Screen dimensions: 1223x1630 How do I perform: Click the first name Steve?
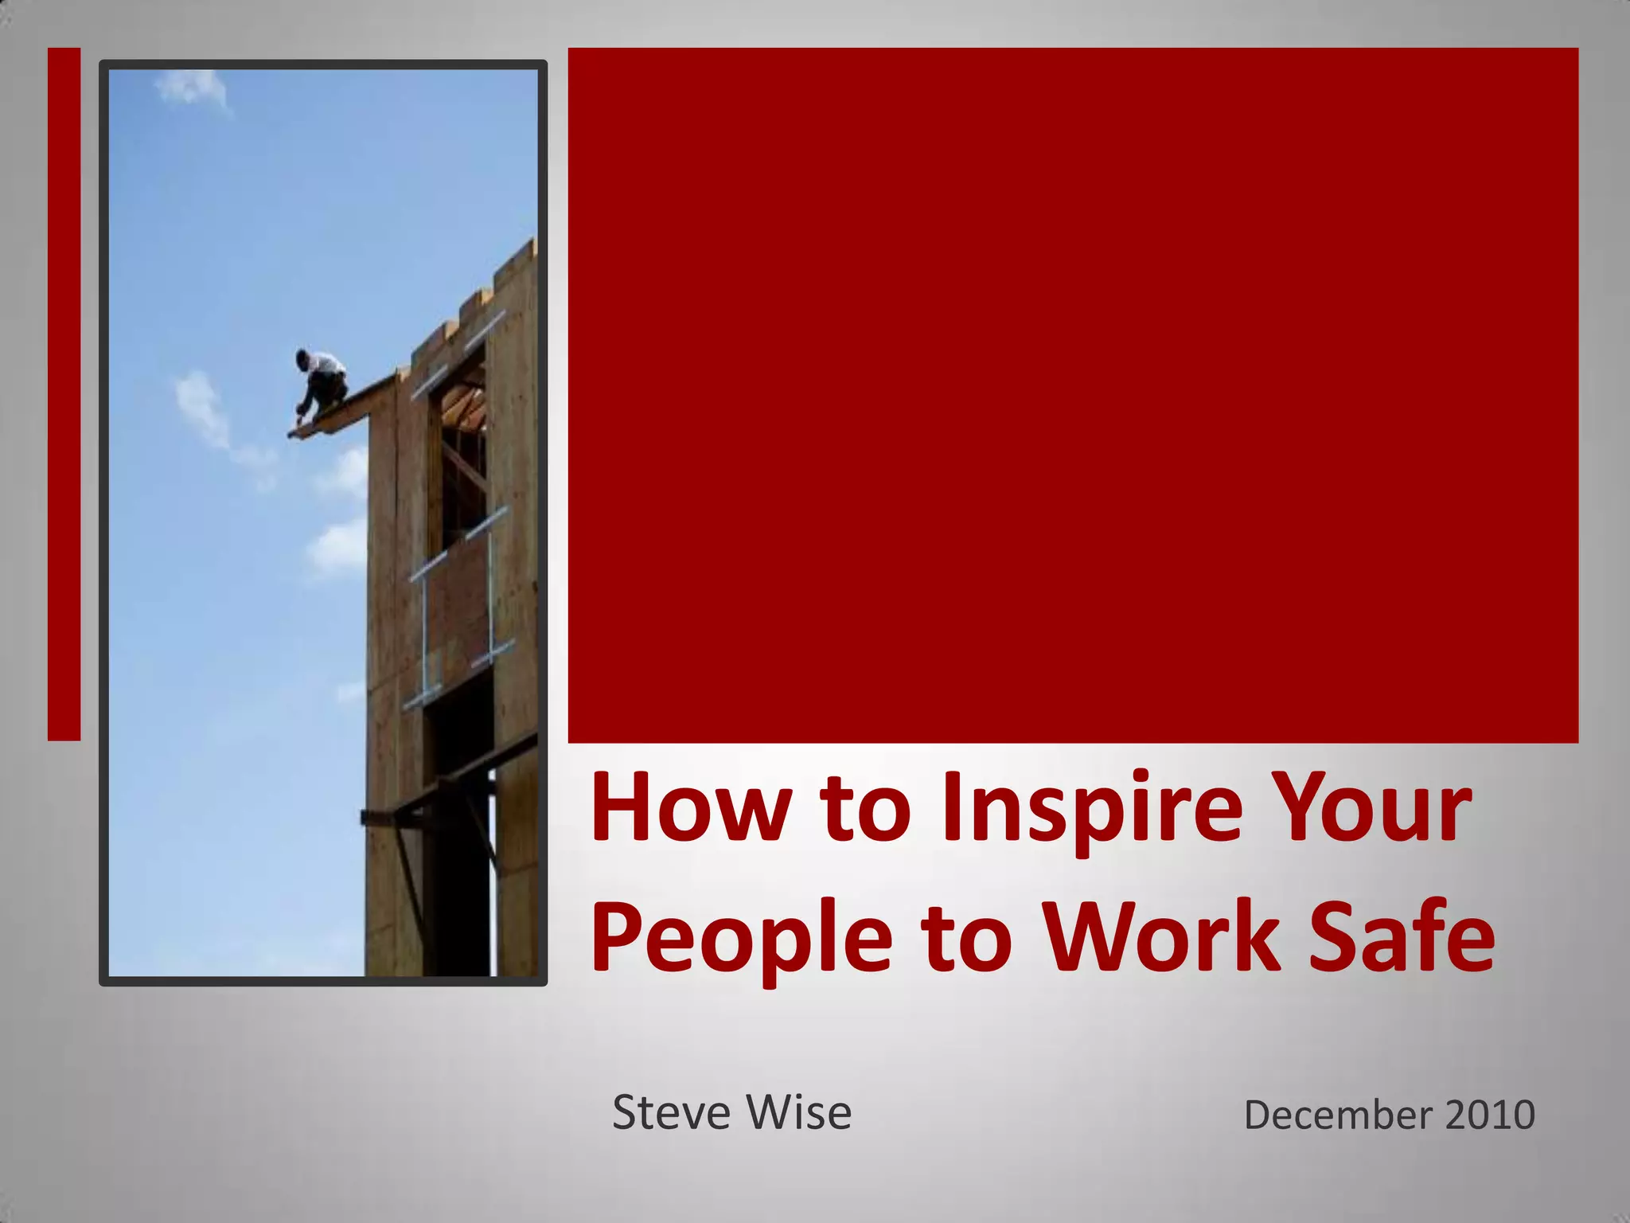[x=665, y=1112]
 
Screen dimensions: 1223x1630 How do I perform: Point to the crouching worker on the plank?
[x=320, y=382]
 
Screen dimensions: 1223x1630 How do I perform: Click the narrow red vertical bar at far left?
[x=64, y=393]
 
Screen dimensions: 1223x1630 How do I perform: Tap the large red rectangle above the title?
[x=1072, y=395]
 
